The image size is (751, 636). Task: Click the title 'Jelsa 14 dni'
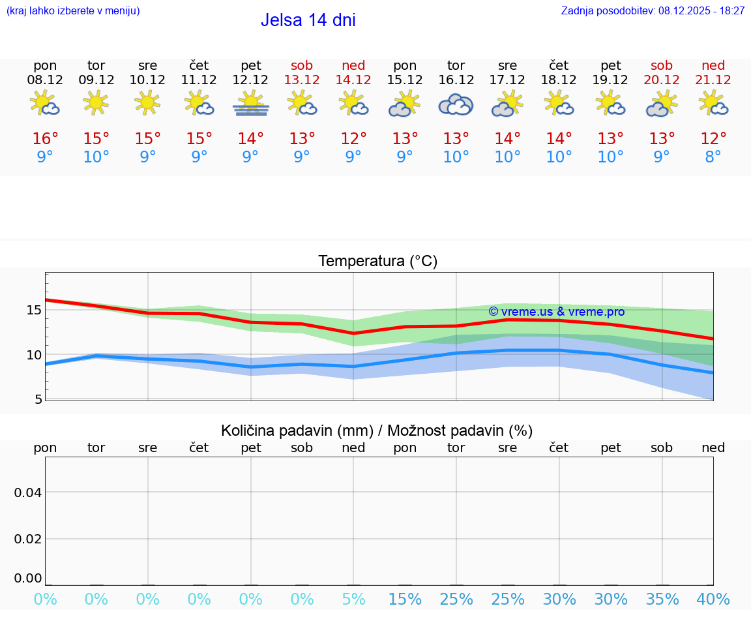tap(308, 20)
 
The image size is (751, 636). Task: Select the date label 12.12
tap(250, 80)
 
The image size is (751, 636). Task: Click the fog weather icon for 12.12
tap(250, 104)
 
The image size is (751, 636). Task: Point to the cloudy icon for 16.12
tap(456, 104)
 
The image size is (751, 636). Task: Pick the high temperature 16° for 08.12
tap(45, 139)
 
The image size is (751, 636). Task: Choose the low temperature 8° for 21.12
tap(713, 157)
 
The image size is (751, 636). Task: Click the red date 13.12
tap(302, 80)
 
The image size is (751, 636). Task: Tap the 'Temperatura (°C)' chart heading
tap(377, 262)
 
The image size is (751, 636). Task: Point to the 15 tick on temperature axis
tap(35, 310)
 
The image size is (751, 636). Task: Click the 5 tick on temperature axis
tap(38, 399)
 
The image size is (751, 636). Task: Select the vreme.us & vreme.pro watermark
tap(556, 312)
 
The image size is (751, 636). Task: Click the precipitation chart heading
tap(377, 431)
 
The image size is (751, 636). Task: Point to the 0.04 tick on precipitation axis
tap(28, 492)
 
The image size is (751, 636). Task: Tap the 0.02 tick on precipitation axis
tap(28, 538)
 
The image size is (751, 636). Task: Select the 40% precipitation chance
tap(713, 599)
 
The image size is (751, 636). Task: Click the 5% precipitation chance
tap(353, 599)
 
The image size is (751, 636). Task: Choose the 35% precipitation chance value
tap(662, 599)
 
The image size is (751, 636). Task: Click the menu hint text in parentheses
tap(73, 11)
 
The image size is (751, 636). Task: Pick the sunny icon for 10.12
tap(147, 102)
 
